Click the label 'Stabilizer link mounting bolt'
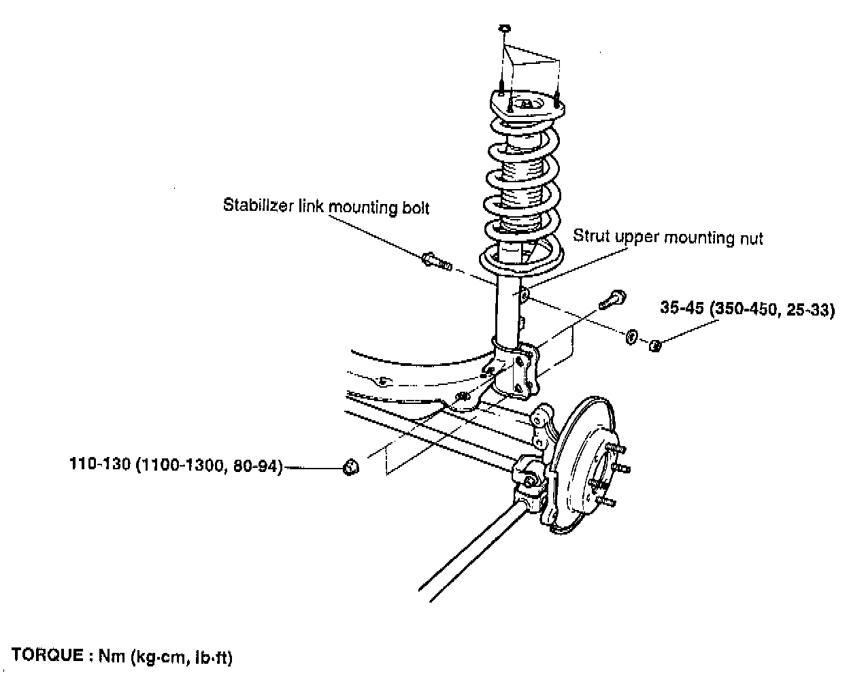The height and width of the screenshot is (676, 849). click(x=326, y=205)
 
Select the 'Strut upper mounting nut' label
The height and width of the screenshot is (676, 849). click(x=667, y=237)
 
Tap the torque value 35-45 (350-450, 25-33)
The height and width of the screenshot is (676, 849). click(x=747, y=309)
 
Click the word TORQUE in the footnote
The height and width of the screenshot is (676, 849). click(x=47, y=656)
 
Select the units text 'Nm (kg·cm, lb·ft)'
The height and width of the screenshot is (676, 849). click(x=165, y=657)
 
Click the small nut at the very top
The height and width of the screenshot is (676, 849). click(x=504, y=29)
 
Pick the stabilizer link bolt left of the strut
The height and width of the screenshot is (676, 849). click(x=436, y=260)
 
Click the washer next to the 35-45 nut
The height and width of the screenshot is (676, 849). click(x=631, y=335)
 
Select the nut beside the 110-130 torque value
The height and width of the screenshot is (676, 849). click(x=350, y=467)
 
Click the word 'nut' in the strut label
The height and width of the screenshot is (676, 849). click(x=751, y=238)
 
